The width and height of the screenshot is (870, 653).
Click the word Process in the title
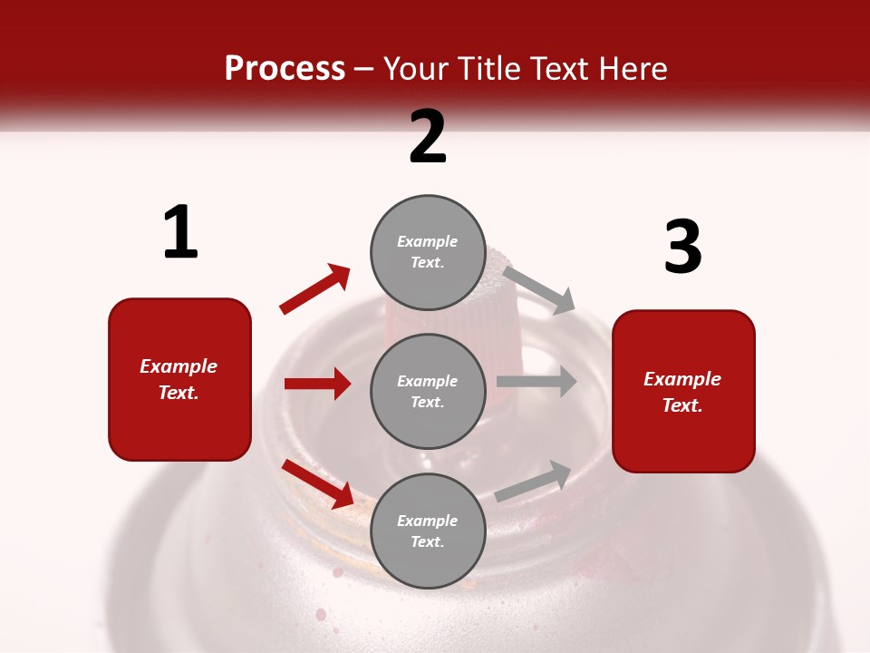[x=285, y=69]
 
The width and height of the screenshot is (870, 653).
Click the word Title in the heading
[x=485, y=69]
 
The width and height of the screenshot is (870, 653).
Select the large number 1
[x=180, y=232]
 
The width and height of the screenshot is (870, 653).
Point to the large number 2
[x=428, y=137]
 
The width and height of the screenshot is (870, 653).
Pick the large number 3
[x=682, y=247]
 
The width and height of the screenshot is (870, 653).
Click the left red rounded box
[x=179, y=379]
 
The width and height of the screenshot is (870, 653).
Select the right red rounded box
[x=683, y=392]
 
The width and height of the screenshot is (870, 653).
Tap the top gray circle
[x=428, y=252]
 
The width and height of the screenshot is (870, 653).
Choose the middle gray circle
[x=428, y=392]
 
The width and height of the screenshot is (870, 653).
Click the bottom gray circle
[x=428, y=531]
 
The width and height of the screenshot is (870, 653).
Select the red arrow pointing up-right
[x=315, y=288]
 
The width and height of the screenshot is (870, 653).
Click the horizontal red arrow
[x=317, y=384]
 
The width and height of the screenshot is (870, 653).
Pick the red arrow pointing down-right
[x=317, y=482]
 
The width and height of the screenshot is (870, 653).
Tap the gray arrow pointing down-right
[x=539, y=289]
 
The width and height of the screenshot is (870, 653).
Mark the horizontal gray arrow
[x=536, y=382]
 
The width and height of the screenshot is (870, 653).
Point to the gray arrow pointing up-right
[x=534, y=481]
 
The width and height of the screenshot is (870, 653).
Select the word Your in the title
[x=417, y=69]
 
